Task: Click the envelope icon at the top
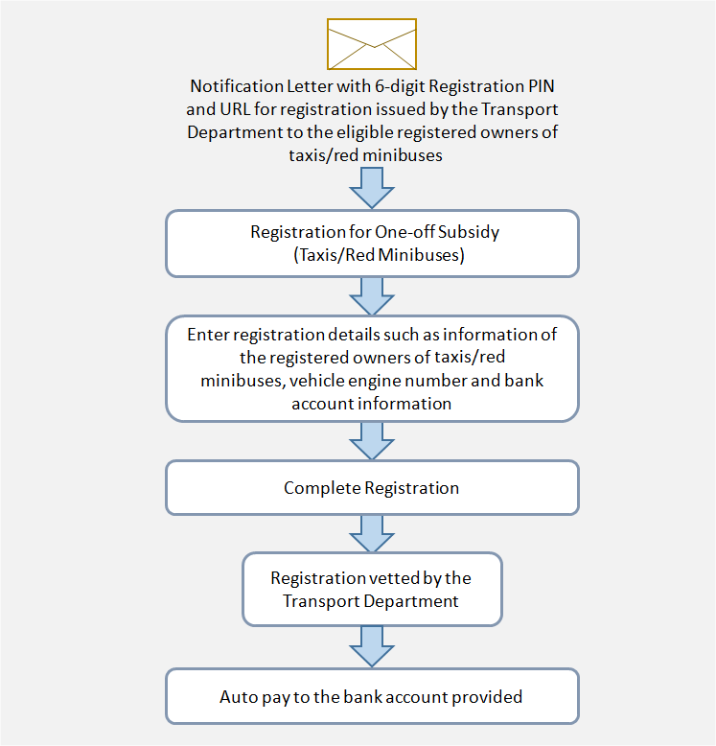[x=372, y=44]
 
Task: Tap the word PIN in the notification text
[x=542, y=86]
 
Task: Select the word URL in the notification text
[x=235, y=109]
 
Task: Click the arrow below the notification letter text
[x=372, y=188]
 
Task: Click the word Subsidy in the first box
[x=469, y=233]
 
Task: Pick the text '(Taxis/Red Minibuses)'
[x=379, y=255]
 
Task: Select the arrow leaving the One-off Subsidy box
[x=372, y=296]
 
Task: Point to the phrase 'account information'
[x=371, y=404]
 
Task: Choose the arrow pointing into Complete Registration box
[x=372, y=441]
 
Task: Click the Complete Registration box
[x=372, y=488]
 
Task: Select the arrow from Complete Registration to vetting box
[x=372, y=534]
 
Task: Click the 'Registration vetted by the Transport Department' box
[x=372, y=589]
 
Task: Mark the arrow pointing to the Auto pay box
[x=372, y=646]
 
